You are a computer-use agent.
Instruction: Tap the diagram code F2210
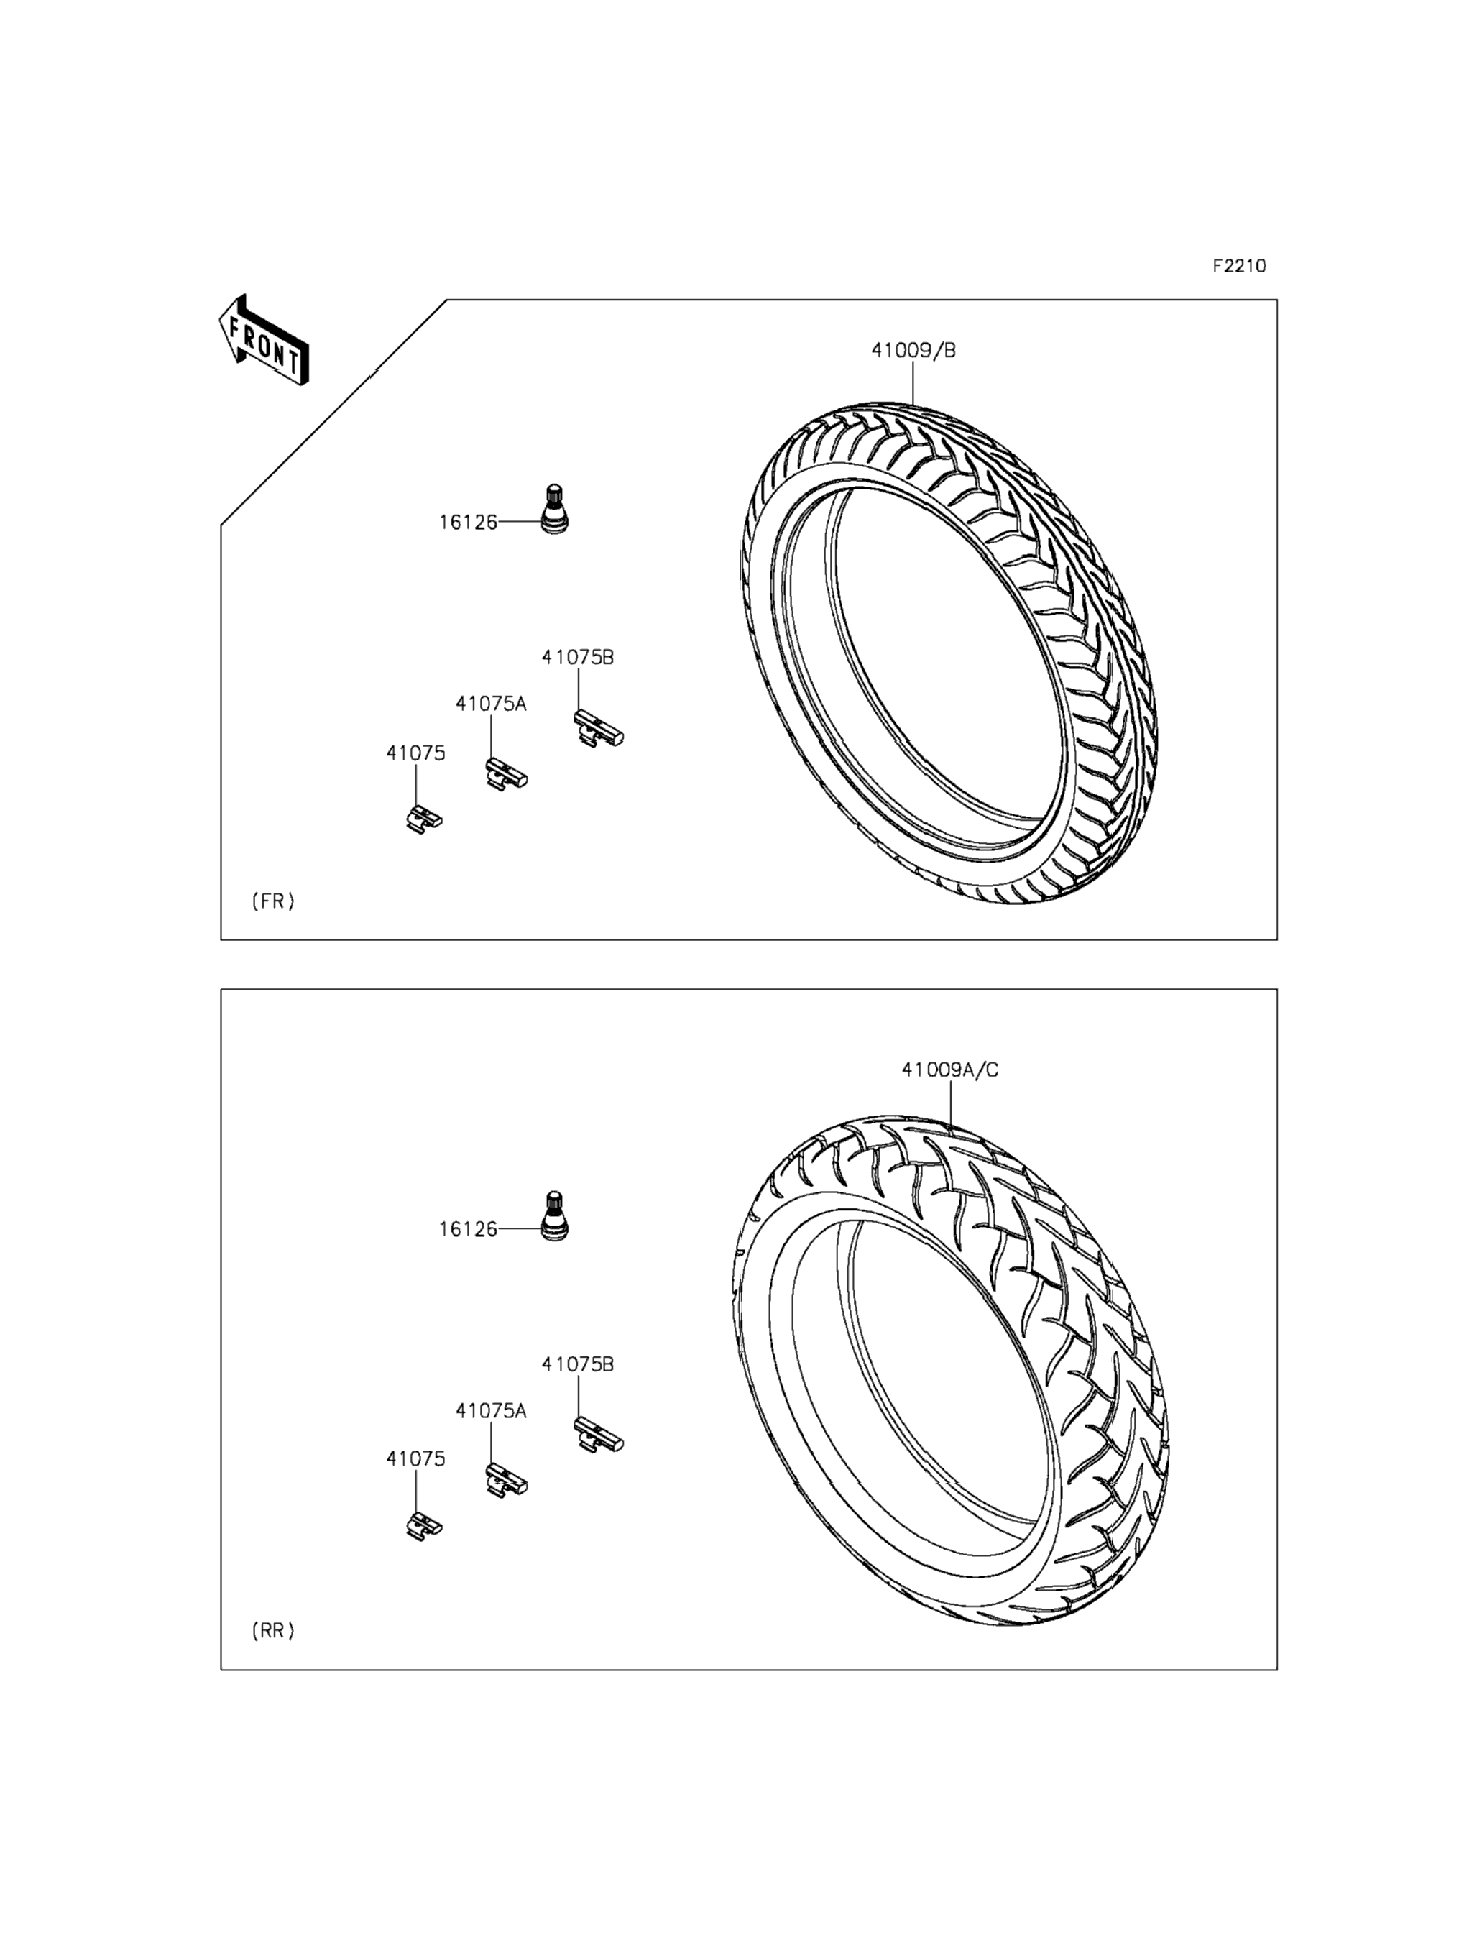click(1238, 265)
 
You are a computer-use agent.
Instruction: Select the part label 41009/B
click(913, 350)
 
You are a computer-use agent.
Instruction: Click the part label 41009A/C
click(950, 1070)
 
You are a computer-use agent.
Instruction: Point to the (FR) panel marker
click(272, 901)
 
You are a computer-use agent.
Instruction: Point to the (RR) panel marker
click(272, 1630)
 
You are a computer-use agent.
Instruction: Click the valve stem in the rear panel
click(554, 1215)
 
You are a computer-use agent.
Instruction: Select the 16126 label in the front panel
click(469, 523)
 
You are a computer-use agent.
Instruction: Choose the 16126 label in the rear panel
click(469, 1229)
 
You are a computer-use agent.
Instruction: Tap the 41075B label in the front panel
click(578, 657)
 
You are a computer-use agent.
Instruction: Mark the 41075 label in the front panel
click(415, 753)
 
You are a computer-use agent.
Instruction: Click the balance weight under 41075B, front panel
click(598, 729)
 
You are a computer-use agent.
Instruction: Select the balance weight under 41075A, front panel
click(505, 773)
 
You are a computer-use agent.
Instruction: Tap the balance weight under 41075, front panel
click(423, 819)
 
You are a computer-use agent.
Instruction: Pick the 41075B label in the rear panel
click(578, 1364)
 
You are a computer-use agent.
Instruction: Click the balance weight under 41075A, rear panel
click(505, 1479)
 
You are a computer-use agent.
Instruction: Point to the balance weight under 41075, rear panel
click(423, 1526)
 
